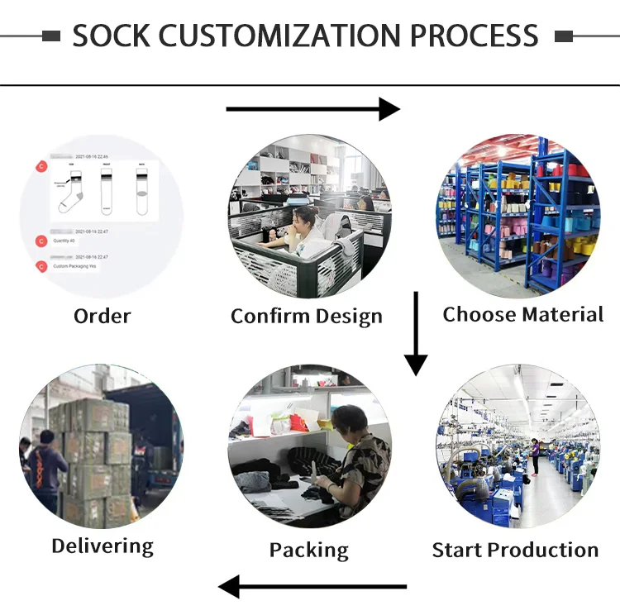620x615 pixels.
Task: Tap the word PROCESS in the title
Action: coord(475,36)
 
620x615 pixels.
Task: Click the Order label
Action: coord(103,316)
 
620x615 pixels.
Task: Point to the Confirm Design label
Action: coord(307,316)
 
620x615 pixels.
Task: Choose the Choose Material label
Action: coord(523,314)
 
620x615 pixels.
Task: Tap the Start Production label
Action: coord(515,550)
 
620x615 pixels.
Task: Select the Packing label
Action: coord(308,551)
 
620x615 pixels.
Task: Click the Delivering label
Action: coord(103,546)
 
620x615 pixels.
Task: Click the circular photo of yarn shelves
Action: coord(518,217)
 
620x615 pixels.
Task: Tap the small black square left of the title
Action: coord(51,36)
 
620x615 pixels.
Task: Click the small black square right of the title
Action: coord(564,36)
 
